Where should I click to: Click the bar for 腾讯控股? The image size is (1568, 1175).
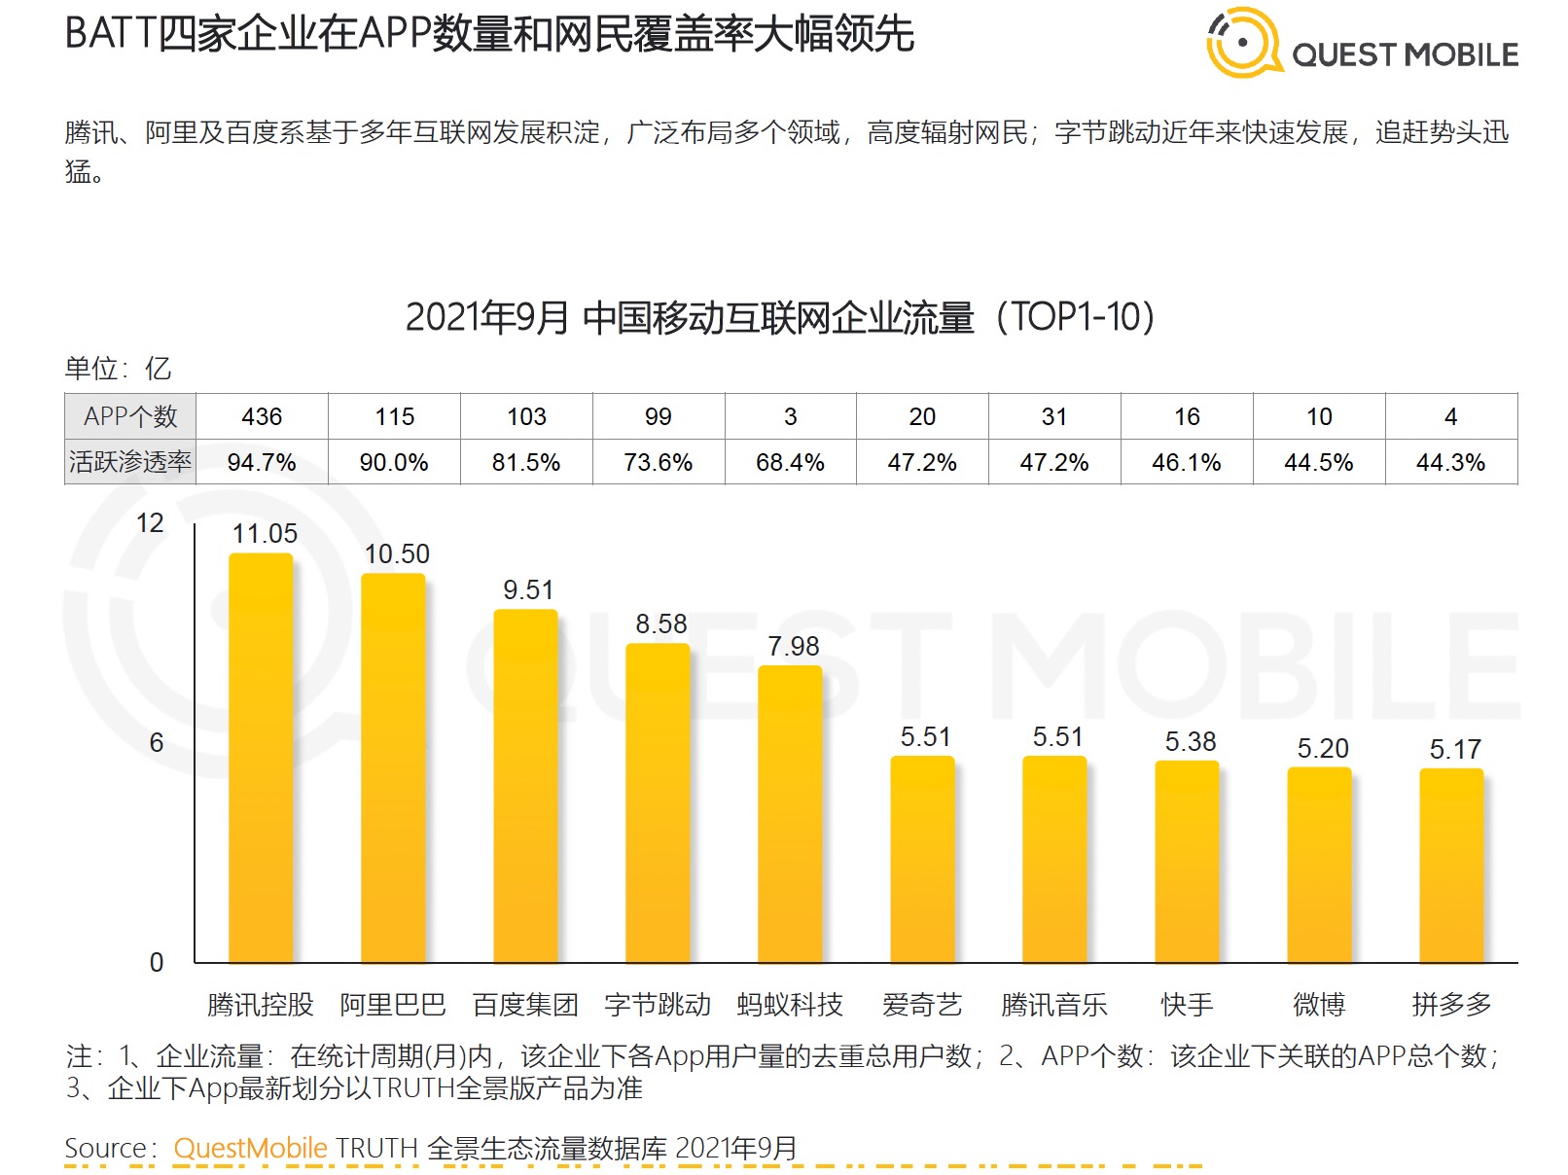(261, 758)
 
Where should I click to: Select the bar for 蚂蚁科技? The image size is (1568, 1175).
(790, 814)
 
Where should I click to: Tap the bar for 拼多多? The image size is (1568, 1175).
(1451, 866)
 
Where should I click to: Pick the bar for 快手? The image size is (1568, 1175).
(1187, 862)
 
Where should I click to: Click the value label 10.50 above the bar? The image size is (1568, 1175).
(397, 554)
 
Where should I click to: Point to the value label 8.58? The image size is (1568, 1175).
(661, 624)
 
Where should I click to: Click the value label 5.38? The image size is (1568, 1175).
(1191, 742)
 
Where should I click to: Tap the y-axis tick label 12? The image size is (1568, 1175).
(150, 523)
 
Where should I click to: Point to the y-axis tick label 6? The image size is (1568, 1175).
(156, 743)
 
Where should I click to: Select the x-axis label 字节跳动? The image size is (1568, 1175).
(658, 1005)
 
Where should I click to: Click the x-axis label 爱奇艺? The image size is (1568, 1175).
(922, 1005)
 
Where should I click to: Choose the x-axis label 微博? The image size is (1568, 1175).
(1319, 1005)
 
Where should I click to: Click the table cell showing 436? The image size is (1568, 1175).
(262, 417)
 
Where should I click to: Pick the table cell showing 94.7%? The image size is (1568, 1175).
(262, 463)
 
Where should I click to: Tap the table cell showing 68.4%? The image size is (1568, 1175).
(790, 463)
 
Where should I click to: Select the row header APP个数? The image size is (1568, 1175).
(130, 417)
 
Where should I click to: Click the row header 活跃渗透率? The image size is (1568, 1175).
(130, 462)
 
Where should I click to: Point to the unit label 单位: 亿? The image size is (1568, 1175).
(118, 369)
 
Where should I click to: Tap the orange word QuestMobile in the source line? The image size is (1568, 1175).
(250, 1148)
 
